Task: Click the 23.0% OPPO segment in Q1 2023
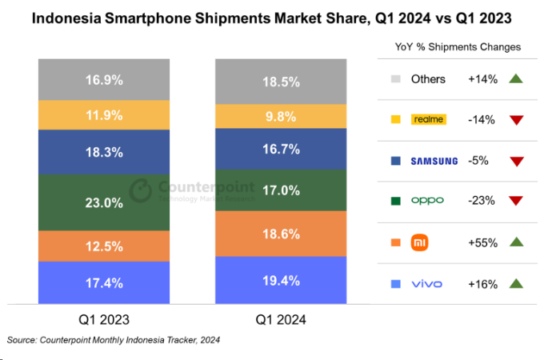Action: (x=104, y=202)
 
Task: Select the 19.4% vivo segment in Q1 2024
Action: (x=280, y=280)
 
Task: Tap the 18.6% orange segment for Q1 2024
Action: (x=280, y=234)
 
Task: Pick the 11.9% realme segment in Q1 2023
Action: (x=104, y=114)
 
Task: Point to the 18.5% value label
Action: (x=280, y=82)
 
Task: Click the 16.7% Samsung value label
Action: (x=280, y=149)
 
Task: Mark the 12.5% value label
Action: (x=104, y=247)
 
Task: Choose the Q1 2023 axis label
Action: (x=104, y=320)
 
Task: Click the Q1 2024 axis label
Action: (x=280, y=320)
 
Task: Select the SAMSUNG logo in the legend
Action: (x=434, y=161)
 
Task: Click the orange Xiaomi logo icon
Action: (x=419, y=242)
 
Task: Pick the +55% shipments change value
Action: (x=482, y=242)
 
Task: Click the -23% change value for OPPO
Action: (x=482, y=201)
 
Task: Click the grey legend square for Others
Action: (x=396, y=79)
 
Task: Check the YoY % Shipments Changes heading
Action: (x=458, y=47)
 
